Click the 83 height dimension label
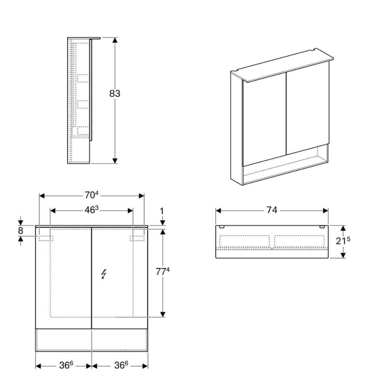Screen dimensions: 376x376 coord(115,94)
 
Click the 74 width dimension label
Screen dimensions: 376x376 coord(272,210)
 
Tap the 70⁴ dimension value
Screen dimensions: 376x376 coord(91,195)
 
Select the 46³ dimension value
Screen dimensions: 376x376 coord(91,210)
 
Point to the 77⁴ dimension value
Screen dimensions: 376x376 coord(163,272)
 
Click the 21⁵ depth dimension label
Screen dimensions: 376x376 coord(343,241)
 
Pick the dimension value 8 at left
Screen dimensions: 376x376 coord(21,231)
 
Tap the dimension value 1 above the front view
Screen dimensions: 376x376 coord(162,211)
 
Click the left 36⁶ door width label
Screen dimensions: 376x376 coord(66,365)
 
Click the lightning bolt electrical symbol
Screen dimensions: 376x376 coord(104,274)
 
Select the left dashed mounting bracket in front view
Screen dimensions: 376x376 coord(46,238)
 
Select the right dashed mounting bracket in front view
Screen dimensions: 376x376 coord(137,238)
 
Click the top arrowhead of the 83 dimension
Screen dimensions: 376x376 coord(115,40)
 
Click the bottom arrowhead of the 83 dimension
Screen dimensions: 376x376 coord(115,161)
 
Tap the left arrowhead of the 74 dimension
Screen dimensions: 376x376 coord(218,211)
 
